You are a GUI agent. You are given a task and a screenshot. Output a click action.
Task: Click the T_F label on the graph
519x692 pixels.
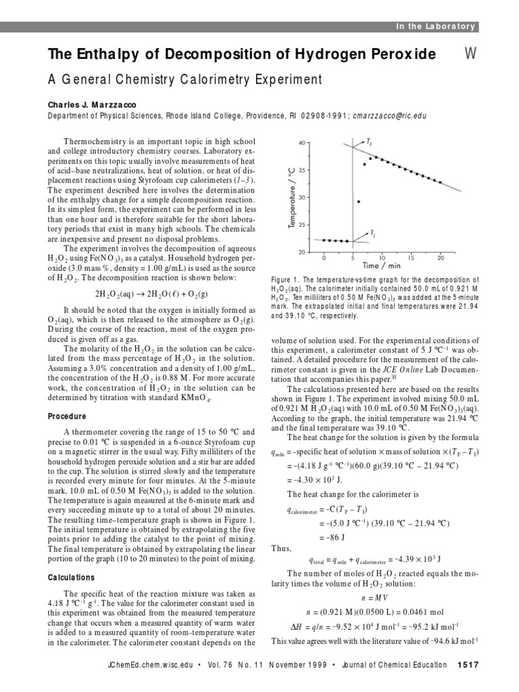pos(369,142)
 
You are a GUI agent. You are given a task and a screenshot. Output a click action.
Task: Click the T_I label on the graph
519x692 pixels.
pos(372,234)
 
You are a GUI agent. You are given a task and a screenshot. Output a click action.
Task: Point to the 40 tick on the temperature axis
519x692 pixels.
pos(301,143)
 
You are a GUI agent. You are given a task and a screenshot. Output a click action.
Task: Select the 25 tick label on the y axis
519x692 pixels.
pos(301,225)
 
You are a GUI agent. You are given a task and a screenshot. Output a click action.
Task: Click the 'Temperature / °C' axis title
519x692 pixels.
pos(290,197)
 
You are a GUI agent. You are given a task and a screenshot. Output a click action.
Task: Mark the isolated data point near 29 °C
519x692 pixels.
pos(359,201)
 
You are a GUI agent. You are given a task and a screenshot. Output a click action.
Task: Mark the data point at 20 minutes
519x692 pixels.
pos(441,182)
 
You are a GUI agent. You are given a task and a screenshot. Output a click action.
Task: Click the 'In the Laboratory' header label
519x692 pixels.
pos(435,26)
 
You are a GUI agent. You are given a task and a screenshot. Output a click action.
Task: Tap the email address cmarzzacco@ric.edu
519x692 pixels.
pos(389,116)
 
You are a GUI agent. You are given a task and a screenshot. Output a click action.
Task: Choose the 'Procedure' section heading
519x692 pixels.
pos(67,416)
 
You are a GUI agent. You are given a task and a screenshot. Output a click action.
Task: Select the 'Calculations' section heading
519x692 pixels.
pos(71,578)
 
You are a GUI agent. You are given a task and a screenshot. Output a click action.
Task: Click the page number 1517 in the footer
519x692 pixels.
pos(468,665)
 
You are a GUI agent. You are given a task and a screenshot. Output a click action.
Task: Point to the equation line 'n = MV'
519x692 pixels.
pos(372,597)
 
